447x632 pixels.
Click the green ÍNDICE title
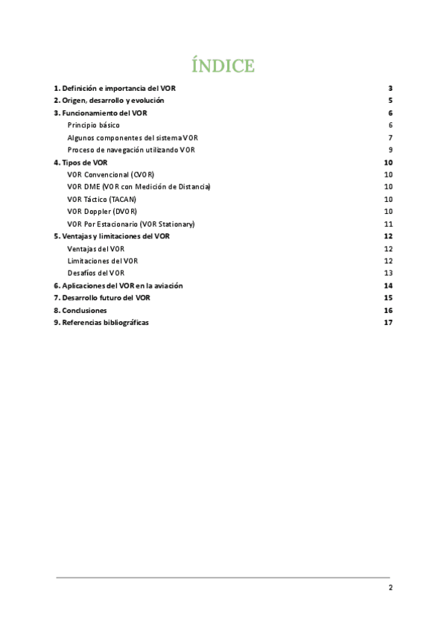click(223, 66)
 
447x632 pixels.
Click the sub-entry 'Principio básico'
click(93, 124)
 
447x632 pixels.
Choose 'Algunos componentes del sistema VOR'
click(133, 137)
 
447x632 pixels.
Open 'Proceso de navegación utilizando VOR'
click(131, 150)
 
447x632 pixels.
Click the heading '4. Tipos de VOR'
click(80, 162)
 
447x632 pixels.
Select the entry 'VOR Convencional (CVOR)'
click(110, 174)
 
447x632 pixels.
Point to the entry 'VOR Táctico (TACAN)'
click(101, 199)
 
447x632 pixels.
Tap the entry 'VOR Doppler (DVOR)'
click(102, 212)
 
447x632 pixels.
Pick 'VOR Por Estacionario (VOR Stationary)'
click(130, 224)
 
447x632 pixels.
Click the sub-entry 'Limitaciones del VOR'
click(102, 261)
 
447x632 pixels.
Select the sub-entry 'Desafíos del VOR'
click(96, 273)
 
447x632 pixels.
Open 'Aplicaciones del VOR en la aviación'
click(118, 285)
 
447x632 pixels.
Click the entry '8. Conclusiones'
click(80, 310)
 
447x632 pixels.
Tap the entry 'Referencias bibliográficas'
click(101, 323)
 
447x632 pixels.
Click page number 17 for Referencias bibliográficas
click(387, 323)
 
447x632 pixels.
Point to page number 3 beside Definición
click(390, 88)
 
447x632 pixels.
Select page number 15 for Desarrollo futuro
click(387, 297)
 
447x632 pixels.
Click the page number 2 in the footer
click(390, 587)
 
